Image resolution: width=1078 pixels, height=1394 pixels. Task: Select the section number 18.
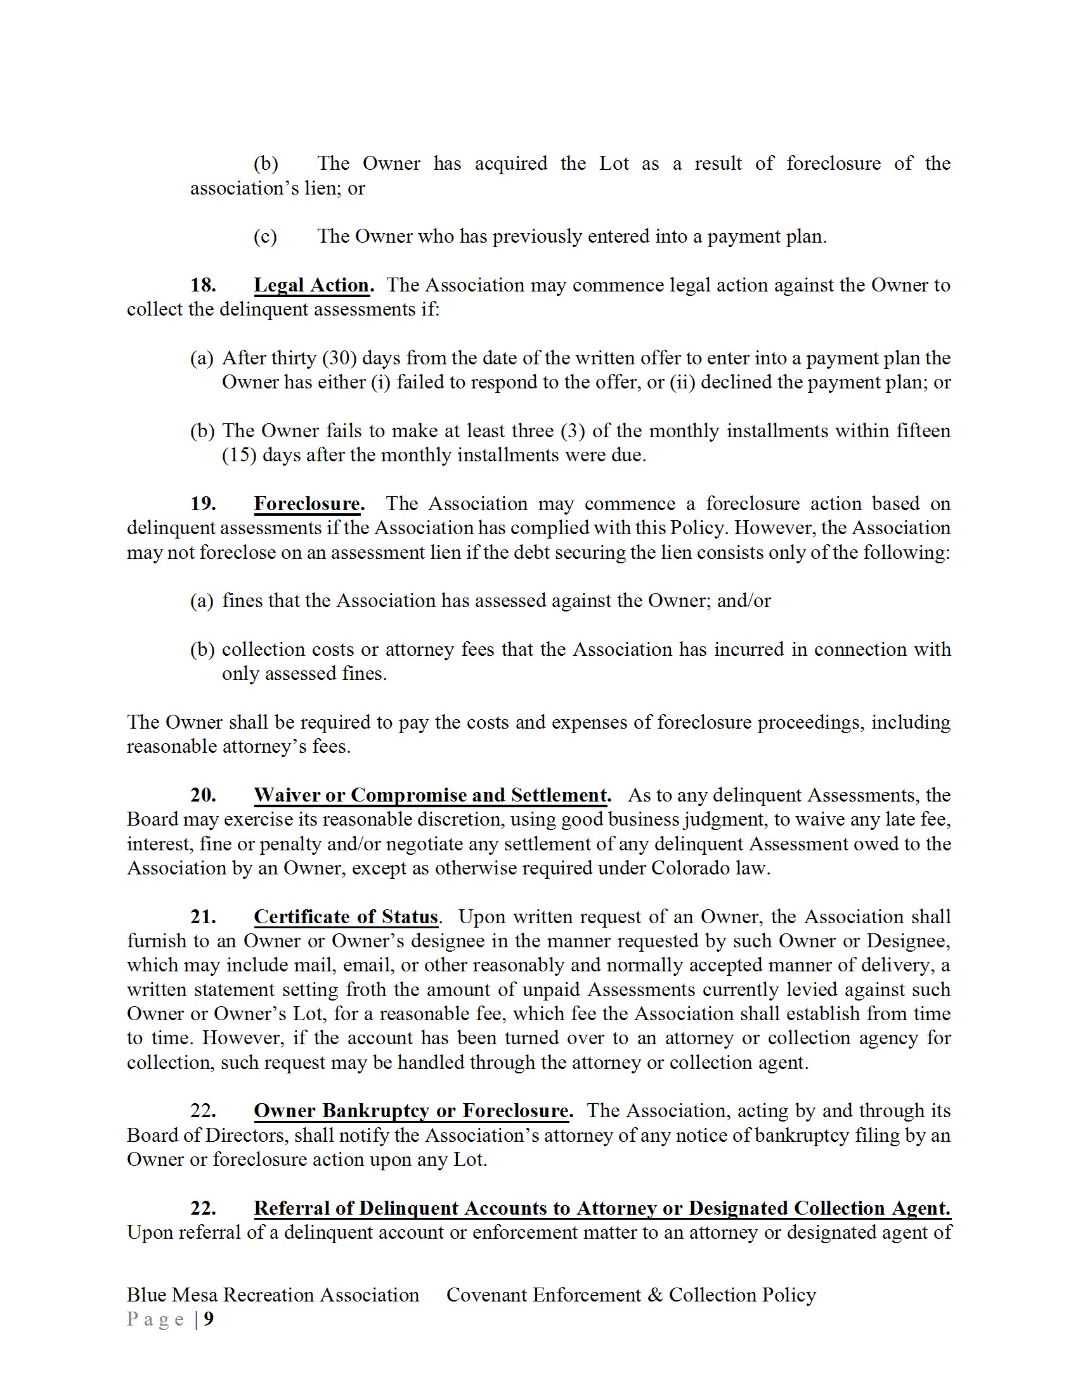(x=203, y=285)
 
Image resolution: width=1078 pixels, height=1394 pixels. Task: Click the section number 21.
(x=203, y=918)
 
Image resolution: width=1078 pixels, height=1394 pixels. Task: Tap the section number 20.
(x=203, y=795)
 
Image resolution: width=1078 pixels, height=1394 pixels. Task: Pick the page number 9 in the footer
(x=209, y=1319)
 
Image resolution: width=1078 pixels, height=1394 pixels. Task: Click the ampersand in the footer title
(x=654, y=1295)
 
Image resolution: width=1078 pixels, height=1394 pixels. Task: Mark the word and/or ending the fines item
(x=744, y=601)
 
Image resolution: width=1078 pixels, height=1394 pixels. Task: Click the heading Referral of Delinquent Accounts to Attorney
(x=602, y=1208)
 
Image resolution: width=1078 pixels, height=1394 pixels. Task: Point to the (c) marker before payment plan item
(x=265, y=237)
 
